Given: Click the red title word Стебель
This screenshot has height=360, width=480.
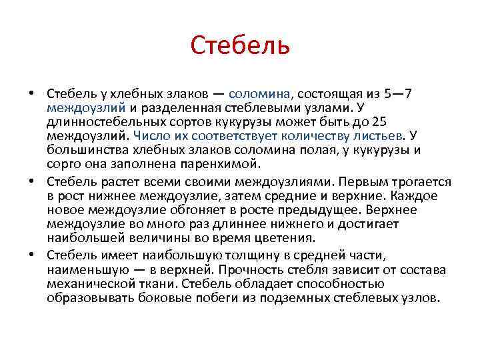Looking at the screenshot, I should tap(240, 46).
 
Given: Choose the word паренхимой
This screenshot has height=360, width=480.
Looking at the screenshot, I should tap(220, 163).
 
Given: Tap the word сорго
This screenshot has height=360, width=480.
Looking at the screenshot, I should tap(64, 163).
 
